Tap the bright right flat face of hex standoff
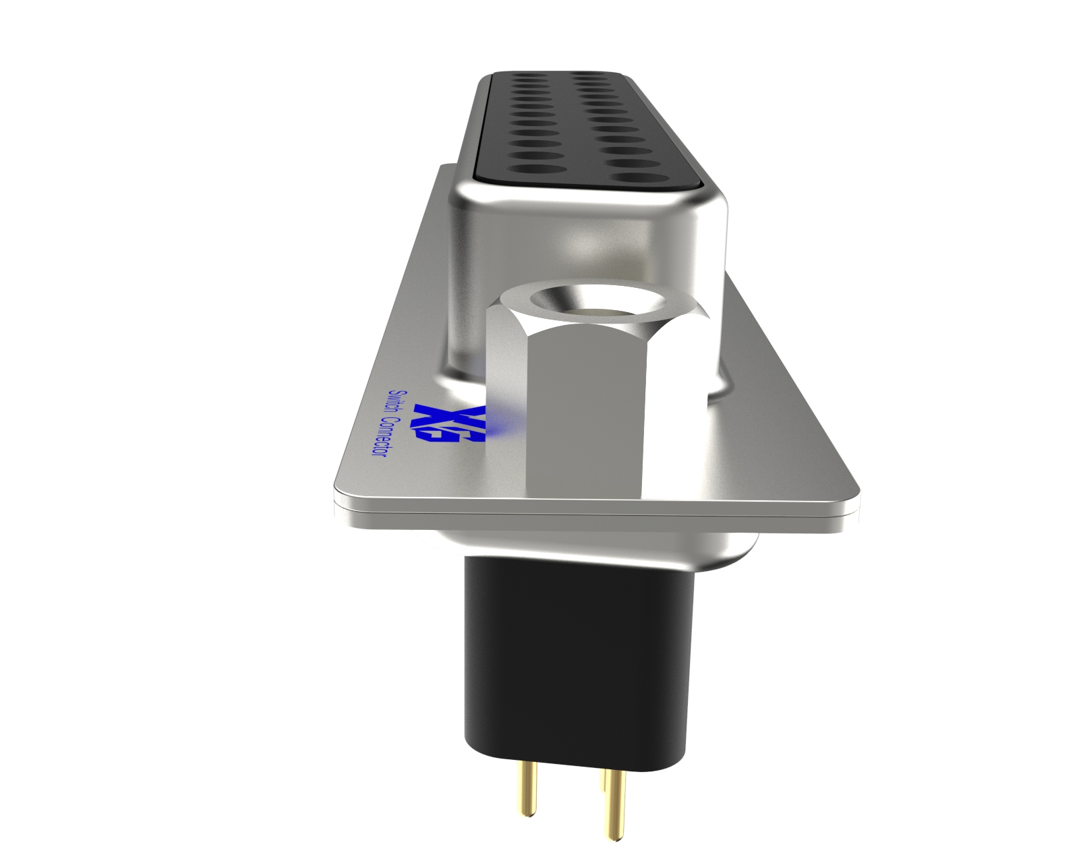click(674, 418)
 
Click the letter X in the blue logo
click(432, 415)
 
